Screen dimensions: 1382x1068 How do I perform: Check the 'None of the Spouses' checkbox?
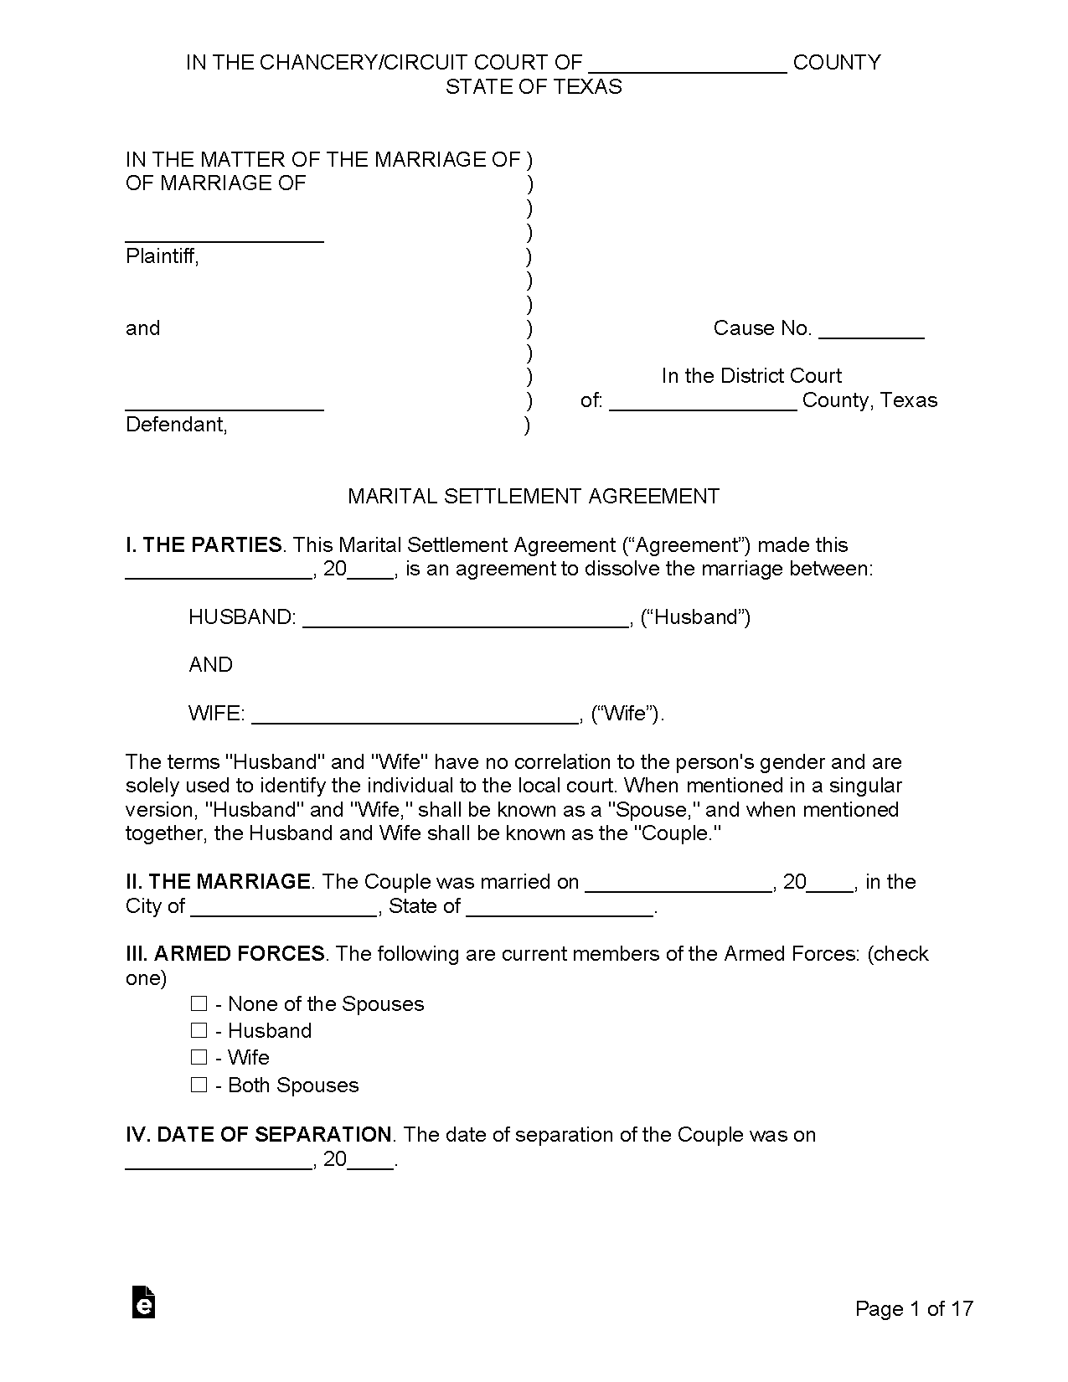tap(199, 1003)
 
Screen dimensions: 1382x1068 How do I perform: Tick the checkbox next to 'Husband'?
tap(199, 1030)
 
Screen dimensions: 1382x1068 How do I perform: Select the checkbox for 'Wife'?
tap(199, 1057)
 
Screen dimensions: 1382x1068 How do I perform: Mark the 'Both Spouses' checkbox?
tap(199, 1085)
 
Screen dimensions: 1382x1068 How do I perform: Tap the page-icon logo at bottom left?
tap(144, 1302)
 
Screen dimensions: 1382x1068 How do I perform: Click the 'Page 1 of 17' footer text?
tap(914, 1308)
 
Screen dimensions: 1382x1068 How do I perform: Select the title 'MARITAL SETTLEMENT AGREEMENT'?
tap(534, 496)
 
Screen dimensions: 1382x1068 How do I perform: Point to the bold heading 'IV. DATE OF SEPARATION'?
tap(258, 1134)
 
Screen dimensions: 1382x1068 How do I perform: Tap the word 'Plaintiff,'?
tap(163, 256)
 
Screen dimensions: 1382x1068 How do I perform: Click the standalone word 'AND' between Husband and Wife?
tap(211, 664)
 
